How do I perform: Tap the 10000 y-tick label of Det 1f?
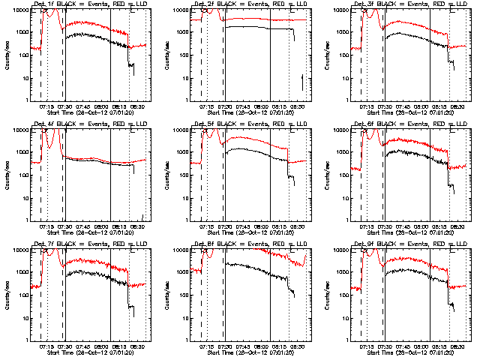(19, 10)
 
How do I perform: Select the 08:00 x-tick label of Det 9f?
(421, 346)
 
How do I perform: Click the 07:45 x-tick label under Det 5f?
(242, 226)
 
